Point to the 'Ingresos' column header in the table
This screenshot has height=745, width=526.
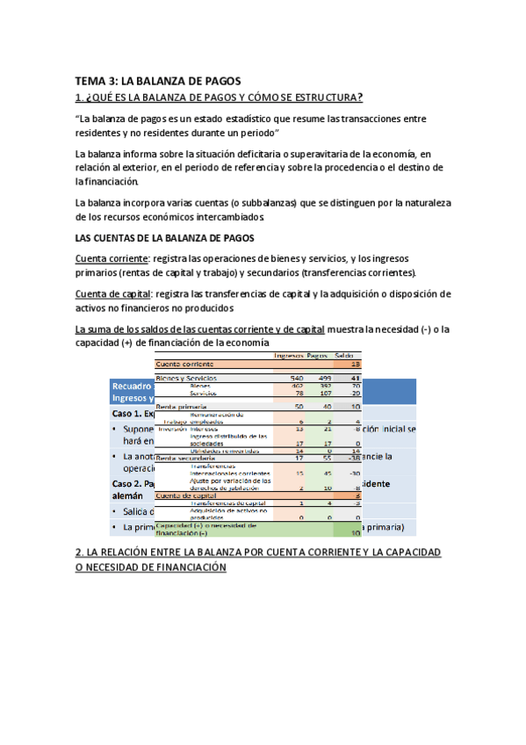pos(288,355)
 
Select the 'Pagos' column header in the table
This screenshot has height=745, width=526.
pos(317,355)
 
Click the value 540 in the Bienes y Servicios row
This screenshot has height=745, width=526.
pos(296,378)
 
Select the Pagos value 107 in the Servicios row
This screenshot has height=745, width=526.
pos(322,393)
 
